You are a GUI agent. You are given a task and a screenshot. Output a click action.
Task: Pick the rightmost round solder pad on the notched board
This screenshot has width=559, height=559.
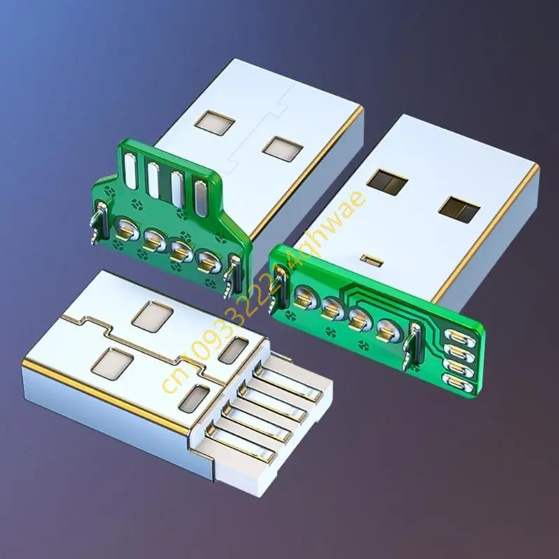pos(205,263)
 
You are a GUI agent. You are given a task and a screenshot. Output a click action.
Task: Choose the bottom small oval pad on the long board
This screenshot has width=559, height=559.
pos(457,380)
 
